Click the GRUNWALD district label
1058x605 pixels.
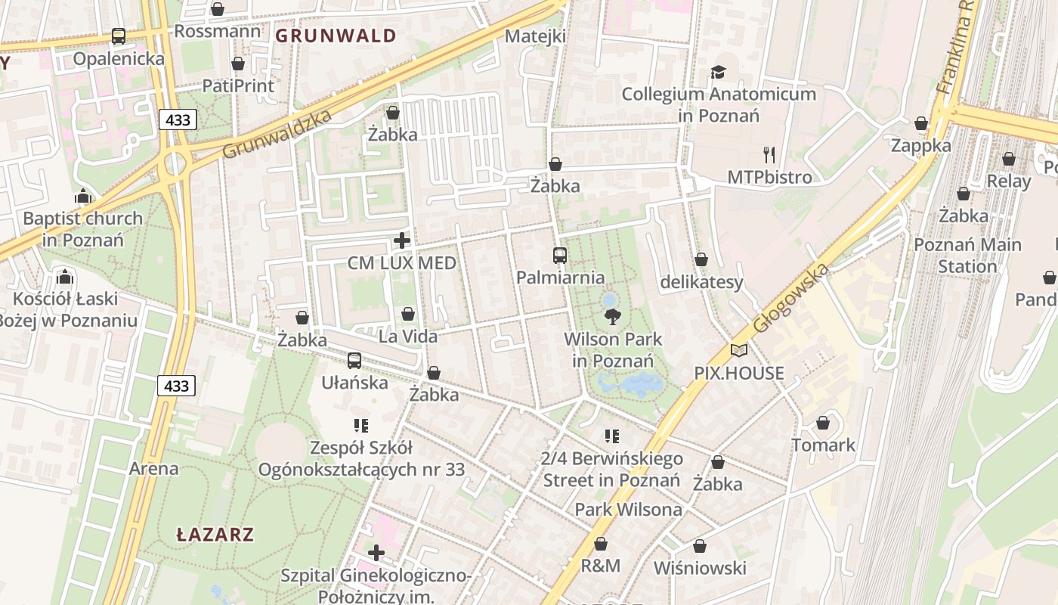tap(336, 36)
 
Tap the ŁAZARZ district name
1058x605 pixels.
tap(215, 535)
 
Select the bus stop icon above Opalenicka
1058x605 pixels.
tap(119, 36)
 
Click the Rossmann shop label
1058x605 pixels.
tap(218, 31)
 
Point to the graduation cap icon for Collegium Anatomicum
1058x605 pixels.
tap(718, 73)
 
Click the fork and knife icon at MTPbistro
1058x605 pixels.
tap(769, 155)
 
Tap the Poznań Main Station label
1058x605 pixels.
tap(967, 256)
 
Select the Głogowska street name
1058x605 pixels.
tap(790, 299)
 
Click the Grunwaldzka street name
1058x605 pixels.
tap(277, 135)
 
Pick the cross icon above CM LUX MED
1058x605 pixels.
tap(402, 241)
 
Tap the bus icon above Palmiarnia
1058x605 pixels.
tap(560, 256)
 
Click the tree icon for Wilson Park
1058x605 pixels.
tap(612, 317)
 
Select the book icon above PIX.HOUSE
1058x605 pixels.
tap(739, 351)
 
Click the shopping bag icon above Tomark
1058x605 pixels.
tap(823, 423)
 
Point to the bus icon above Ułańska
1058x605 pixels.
tap(354, 361)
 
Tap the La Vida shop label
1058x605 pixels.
tap(408, 336)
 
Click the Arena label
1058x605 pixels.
tap(154, 468)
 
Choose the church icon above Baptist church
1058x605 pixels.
tap(82, 197)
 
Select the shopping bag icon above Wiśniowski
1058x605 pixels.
tap(700, 546)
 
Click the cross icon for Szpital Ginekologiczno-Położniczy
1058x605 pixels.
tap(376, 553)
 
